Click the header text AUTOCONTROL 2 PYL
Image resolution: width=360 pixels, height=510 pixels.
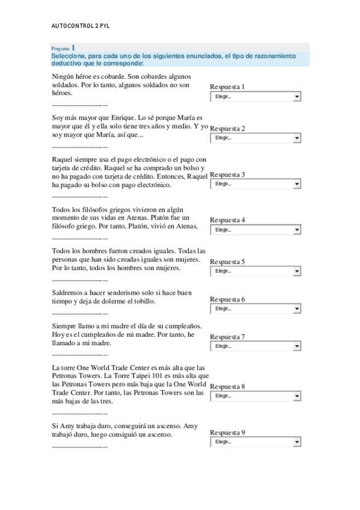pos(81,26)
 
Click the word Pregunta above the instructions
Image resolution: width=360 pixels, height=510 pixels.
pos(60,48)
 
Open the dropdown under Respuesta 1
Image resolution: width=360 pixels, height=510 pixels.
pos(255,96)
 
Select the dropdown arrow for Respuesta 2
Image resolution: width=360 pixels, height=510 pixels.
pos(297,138)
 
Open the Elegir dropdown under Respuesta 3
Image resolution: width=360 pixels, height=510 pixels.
pos(255,184)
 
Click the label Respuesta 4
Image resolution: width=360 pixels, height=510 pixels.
pos(227,220)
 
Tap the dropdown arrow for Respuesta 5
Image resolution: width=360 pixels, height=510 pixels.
pos(297,271)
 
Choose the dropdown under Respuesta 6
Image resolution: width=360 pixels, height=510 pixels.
pos(255,309)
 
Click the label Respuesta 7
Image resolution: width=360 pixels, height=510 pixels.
pos(227,337)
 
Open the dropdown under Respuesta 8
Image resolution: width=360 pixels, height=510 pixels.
pos(255,396)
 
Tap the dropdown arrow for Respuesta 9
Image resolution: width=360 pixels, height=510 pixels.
pos(297,442)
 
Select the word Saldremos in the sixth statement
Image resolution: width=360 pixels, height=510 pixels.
pos(69,293)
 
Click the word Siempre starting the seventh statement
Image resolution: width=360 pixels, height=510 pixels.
pos(64,326)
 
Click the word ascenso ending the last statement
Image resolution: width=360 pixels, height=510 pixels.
pos(159,434)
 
